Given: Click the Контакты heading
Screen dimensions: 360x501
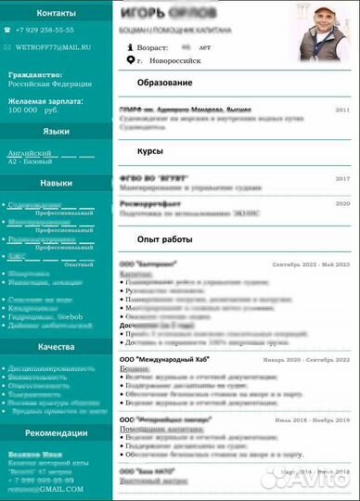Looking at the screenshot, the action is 58,14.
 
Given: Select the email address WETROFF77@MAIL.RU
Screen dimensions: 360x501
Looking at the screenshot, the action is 58,45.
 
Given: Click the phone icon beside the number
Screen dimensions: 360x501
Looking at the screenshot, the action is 7,31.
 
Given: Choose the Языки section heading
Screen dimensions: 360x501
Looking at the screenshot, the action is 56,133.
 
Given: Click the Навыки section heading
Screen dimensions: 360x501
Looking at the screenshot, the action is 56,184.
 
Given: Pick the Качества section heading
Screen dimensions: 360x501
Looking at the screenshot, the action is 56,347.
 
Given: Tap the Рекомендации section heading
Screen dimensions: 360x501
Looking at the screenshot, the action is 57,433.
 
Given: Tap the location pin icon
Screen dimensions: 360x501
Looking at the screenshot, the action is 130,60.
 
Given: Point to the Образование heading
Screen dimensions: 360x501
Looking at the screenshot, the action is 163,83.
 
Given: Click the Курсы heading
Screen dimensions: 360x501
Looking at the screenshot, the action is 150,151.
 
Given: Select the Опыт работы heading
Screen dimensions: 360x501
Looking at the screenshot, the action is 164,239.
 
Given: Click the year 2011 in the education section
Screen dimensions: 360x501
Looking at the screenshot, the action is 341,109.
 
